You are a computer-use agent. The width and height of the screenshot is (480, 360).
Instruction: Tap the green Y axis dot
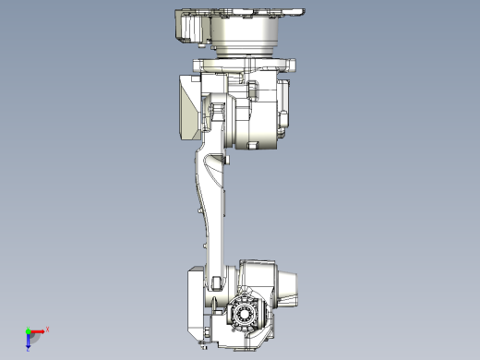[x=28, y=330]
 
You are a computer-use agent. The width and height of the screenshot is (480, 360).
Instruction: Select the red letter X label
[x=47, y=329]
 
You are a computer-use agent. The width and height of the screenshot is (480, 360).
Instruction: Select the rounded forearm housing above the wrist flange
[x=257, y=275]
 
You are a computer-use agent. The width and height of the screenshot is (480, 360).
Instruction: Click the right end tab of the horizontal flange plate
[x=294, y=65]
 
